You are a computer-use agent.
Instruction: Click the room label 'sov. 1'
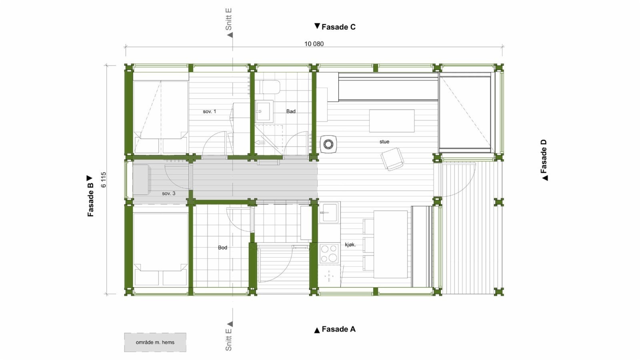click(209, 111)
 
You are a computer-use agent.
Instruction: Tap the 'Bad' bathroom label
click(291, 111)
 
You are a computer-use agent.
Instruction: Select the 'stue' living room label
click(384, 142)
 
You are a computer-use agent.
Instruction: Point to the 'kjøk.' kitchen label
click(350, 244)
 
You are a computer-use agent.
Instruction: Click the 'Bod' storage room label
click(222, 248)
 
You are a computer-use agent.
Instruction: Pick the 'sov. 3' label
click(168, 193)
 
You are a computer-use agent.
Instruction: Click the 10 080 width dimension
click(314, 44)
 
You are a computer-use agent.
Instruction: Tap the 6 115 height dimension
click(104, 180)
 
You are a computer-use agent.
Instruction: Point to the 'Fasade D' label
click(544, 160)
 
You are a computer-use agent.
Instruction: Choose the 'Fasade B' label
click(90, 196)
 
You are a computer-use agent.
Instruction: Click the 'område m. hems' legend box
click(155, 342)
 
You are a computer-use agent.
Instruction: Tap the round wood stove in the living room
click(328, 143)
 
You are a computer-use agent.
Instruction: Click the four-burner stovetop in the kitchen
click(329, 253)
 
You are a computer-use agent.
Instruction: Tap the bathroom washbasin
click(264, 110)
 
